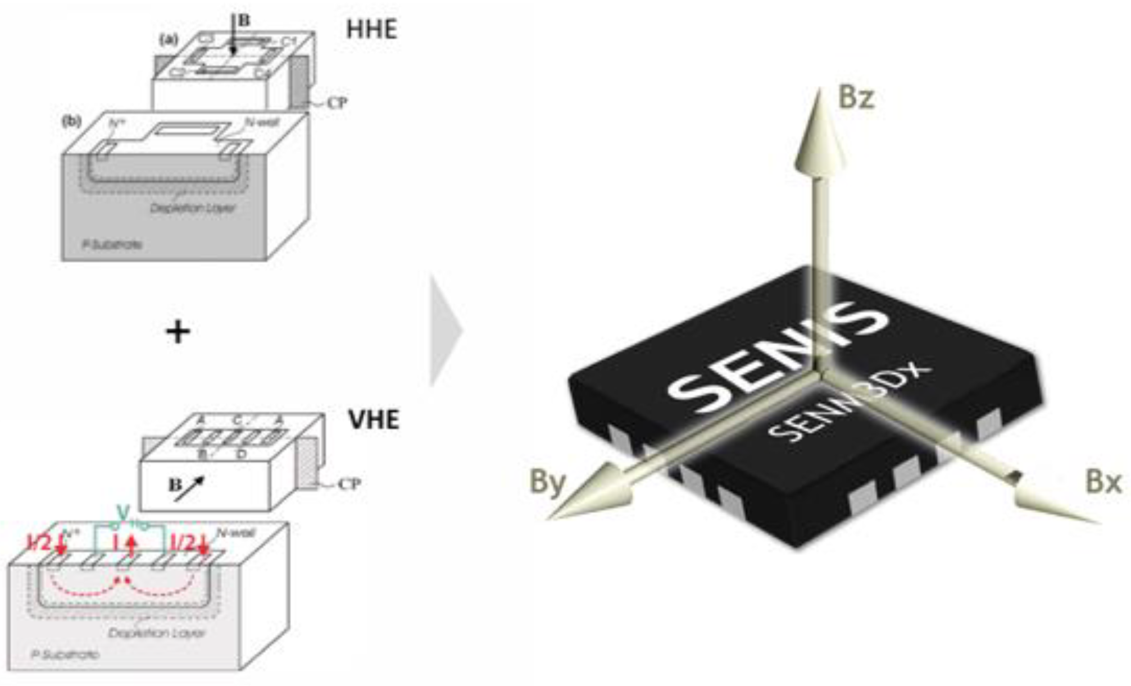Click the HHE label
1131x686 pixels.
coord(371,29)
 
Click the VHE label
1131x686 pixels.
coord(374,419)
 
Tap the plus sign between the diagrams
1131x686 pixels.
coord(178,332)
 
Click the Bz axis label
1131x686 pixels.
coord(856,98)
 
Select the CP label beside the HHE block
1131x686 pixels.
coord(337,103)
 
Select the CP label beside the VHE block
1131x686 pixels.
coord(348,483)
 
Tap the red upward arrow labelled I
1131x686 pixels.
coord(131,545)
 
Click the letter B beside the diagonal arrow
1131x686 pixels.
coord(175,484)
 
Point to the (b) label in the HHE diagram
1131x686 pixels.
coord(71,121)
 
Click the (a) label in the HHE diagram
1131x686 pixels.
coord(169,39)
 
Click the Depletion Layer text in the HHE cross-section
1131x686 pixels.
coord(193,208)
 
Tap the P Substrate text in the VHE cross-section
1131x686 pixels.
coord(66,655)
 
